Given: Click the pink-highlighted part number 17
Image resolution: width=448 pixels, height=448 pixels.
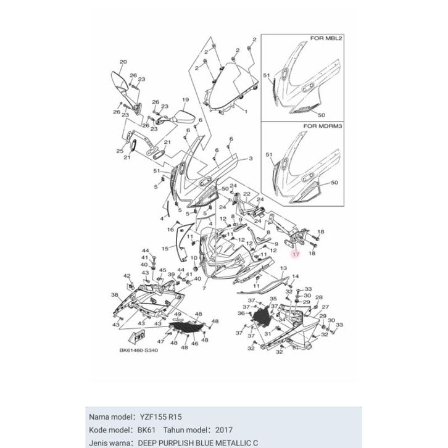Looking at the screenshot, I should tap(295, 254).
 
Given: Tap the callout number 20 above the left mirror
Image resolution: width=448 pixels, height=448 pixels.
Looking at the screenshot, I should tap(122, 62).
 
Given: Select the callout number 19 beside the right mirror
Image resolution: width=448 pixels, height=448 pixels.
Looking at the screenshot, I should tap(184, 100).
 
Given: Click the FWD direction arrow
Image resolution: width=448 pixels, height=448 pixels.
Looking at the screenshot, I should tap(137, 336).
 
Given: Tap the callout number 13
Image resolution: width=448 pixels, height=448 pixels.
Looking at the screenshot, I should tap(283, 269).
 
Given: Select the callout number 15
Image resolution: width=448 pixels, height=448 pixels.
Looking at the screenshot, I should tap(164, 248).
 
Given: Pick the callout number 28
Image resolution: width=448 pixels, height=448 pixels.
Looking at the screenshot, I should tap(318, 297).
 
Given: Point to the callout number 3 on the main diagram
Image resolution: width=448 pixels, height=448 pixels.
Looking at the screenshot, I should tap(251, 159).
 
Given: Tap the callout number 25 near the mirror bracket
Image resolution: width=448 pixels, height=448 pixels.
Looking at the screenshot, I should tap(119, 151).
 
